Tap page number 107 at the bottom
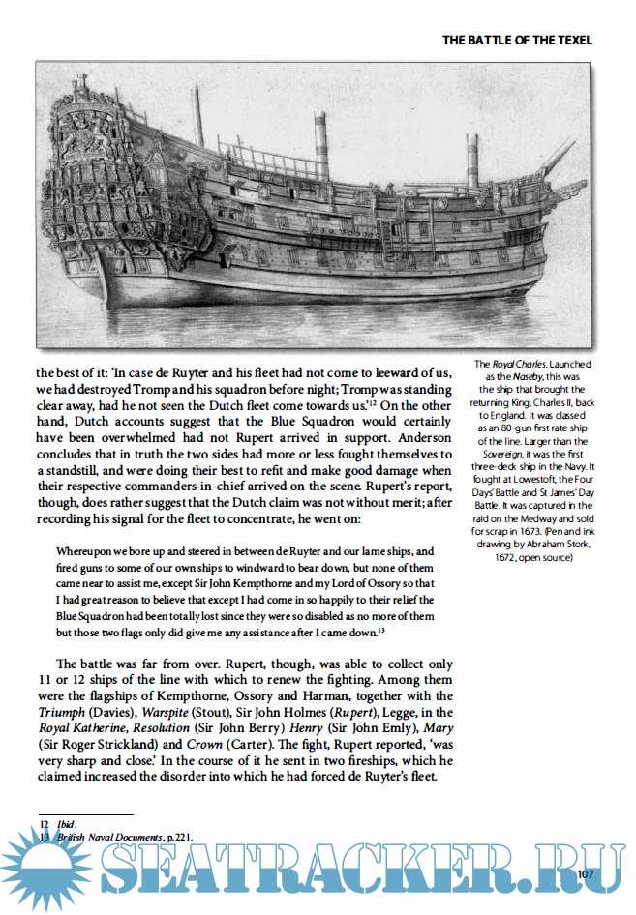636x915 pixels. pos(584,874)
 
